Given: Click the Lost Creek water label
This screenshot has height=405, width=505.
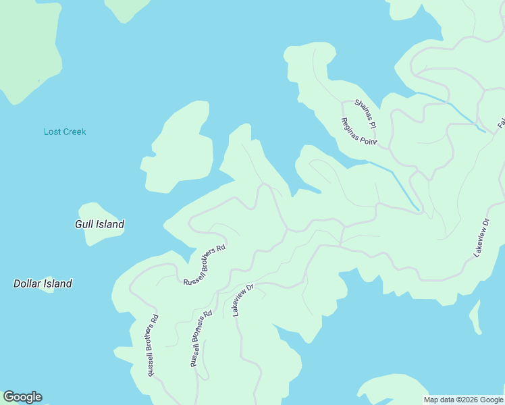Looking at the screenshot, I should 65,132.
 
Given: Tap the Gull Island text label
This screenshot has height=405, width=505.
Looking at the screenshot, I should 99,224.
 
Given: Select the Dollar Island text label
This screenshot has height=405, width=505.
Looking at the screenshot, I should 43,283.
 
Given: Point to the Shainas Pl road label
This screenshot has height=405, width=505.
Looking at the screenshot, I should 366,112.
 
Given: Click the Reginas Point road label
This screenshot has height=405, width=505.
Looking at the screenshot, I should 358,132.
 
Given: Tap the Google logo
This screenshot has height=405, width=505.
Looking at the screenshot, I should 22,397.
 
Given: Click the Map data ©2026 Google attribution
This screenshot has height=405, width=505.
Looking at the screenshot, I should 464,400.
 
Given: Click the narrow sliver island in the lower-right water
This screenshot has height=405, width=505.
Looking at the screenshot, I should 476,316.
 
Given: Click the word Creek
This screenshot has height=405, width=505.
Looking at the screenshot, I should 75,132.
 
